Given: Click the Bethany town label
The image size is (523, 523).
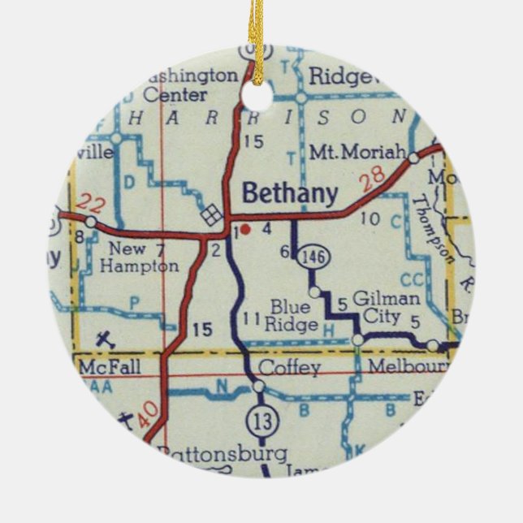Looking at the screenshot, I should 290,193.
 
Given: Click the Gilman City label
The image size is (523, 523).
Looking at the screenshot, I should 378,308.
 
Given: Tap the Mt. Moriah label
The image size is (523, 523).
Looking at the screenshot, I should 358,153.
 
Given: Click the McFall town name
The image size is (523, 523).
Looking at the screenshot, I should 109,368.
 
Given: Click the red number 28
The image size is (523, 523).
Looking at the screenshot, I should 370,181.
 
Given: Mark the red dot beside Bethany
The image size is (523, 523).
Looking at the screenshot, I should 245,230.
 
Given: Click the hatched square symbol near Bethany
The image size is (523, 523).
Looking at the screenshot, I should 210,214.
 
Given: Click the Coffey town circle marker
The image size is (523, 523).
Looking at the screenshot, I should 258,387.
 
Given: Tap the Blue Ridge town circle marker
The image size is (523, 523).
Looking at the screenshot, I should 314,292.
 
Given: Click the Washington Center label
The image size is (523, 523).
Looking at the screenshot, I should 192,84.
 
